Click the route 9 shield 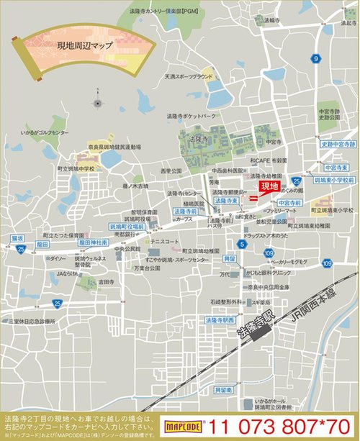(x=316, y=58)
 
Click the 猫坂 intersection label (x=18, y=237)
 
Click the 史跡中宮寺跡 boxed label (x=338, y=144)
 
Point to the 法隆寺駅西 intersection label (x=220, y=319)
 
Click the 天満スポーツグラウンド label (x=189, y=76)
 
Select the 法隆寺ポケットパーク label (x=189, y=114)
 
